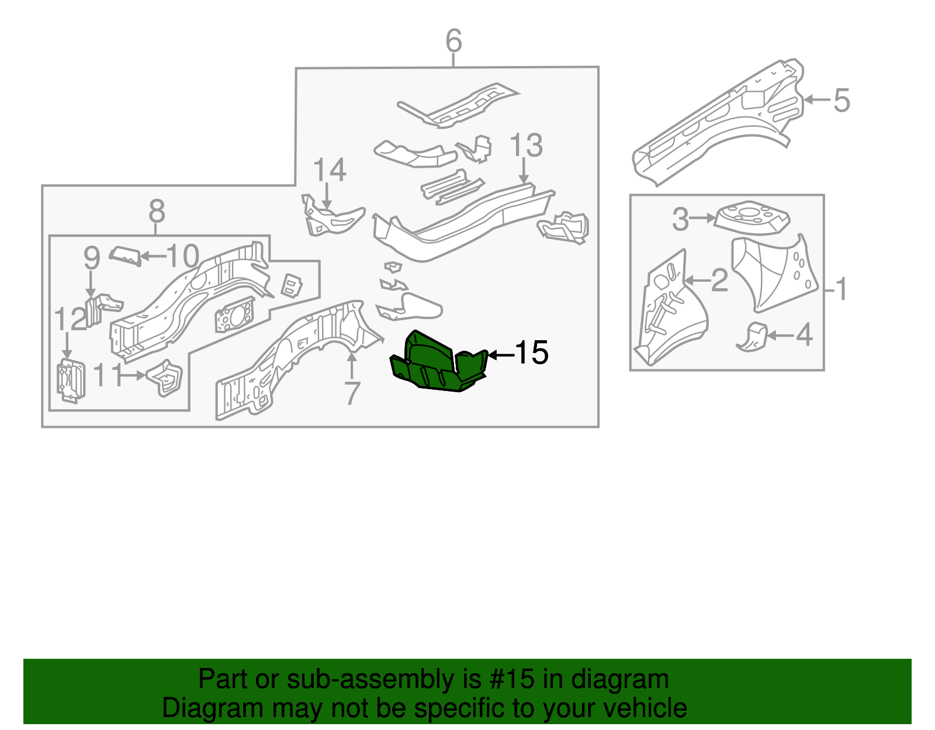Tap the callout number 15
click(x=532, y=353)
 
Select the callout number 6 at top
click(x=453, y=41)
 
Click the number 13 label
click(x=526, y=146)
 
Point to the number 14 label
click(x=330, y=170)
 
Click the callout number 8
click(x=157, y=210)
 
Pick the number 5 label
click(x=841, y=101)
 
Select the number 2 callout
click(x=719, y=281)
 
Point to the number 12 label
click(x=70, y=320)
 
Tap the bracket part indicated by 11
click(x=165, y=377)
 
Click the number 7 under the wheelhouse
click(x=351, y=393)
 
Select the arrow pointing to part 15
click(x=500, y=354)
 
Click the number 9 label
click(x=92, y=258)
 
